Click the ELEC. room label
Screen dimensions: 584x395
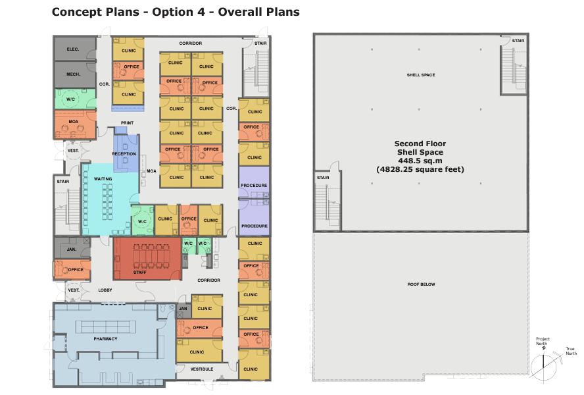[x=73, y=49]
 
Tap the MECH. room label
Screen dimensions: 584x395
[x=74, y=74]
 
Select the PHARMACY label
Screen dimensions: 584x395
[x=105, y=338]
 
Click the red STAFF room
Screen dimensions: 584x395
[x=147, y=259]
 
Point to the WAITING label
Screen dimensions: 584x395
[x=103, y=178]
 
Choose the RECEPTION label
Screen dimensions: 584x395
[x=124, y=153]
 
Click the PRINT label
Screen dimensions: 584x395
[x=127, y=122]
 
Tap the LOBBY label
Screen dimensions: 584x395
[x=105, y=290]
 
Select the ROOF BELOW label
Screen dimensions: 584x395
[x=422, y=284]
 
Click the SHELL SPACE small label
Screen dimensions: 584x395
[x=421, y=75]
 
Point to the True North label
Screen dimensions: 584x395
[x=571, y=351]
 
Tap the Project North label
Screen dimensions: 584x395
[x=543, y=341]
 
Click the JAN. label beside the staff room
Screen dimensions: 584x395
[x=72, y=249]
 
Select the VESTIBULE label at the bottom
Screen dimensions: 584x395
[x=202, y=369]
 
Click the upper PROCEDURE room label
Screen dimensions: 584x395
[x=254, y=186]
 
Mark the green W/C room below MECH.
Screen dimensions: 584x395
[x=75, y=99]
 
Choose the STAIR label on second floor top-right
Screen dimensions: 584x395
[x=518, y=41]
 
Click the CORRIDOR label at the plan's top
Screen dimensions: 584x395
[x=191, y=43]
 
